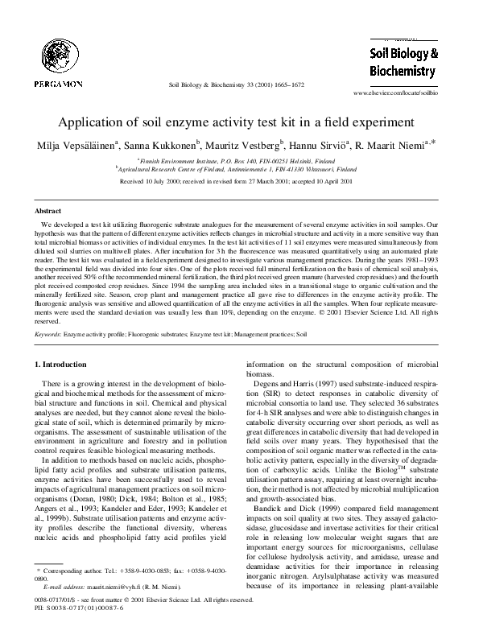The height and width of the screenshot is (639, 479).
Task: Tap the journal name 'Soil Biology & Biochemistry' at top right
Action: click(403, 62)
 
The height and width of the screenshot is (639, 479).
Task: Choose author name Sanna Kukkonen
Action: click(166, 145)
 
